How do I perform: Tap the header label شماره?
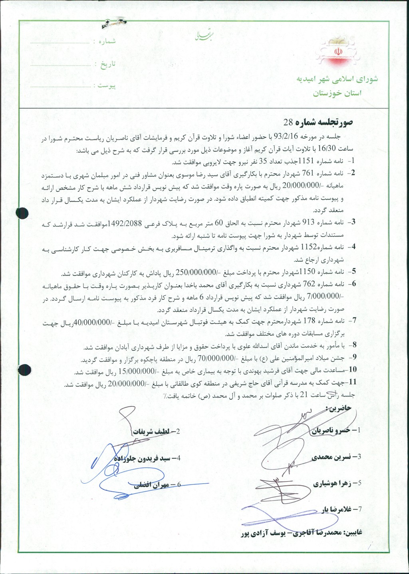point(105,42)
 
